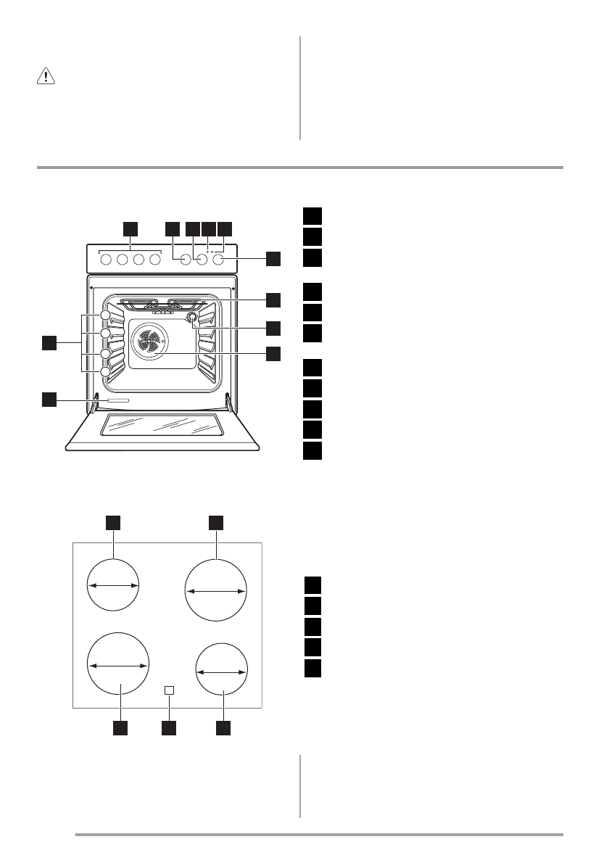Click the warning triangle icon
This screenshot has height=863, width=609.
point(44,78)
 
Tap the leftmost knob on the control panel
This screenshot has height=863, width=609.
point(106,259)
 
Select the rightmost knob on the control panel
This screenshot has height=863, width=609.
point(220,259)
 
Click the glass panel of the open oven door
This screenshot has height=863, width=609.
point(163,426)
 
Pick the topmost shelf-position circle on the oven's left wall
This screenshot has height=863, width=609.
point(107,316)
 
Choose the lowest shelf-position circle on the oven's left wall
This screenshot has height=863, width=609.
point(107,373)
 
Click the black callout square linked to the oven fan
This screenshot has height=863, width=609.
point(273,354)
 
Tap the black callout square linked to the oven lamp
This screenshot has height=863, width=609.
point(273,328)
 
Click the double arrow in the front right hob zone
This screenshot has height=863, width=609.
point(222,672)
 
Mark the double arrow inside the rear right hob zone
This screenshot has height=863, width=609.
point(216,592)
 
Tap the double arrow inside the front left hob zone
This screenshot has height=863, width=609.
point(118,664)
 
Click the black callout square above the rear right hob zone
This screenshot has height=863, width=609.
point(216,521)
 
